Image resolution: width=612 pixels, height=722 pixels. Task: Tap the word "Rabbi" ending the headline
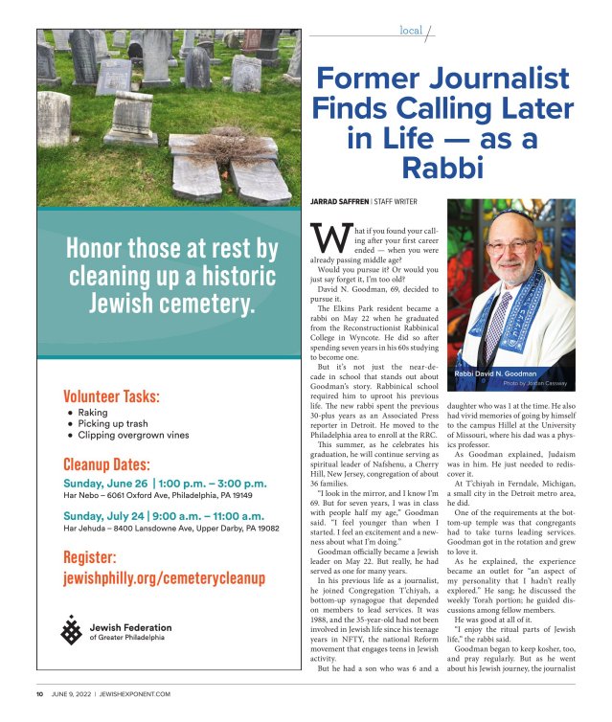441,169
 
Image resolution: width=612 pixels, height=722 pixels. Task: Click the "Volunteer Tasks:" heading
111,395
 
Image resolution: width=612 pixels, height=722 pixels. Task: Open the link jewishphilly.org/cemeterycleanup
164,578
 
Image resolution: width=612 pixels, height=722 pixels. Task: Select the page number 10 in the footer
40,693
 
